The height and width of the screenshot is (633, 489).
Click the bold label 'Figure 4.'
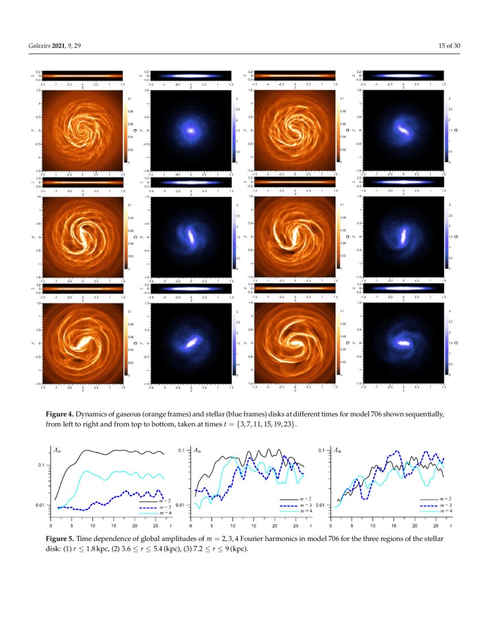click(61, 414)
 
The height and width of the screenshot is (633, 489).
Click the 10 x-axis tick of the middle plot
click(233, 525)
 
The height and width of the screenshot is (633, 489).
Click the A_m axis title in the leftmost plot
click(58, 451)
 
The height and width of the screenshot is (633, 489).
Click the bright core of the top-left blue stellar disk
click(190, 130)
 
